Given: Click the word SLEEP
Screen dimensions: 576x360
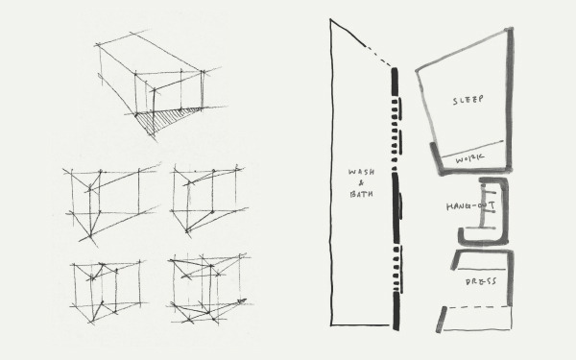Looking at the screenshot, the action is tap(468, 100).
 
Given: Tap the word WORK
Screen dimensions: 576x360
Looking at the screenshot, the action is tap(469, 158).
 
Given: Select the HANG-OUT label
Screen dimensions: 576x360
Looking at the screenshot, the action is tap(470, 206).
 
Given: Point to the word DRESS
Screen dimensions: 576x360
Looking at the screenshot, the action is tap(481, 281).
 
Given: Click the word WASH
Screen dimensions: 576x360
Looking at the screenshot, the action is tap(361, 172).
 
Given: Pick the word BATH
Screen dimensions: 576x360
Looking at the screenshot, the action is tap(361, 194).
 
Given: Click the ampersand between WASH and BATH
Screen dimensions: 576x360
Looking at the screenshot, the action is tap(361, 183).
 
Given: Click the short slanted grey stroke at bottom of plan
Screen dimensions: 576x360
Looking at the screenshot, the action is tap(441, 320).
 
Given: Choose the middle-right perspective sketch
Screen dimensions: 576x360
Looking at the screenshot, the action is tap(208, 201).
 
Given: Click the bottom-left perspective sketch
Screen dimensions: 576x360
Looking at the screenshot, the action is tap(108, 292).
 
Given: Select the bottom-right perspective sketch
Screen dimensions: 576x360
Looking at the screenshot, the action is tap(209, 289).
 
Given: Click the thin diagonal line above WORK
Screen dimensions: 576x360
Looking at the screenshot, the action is tap(471, 149).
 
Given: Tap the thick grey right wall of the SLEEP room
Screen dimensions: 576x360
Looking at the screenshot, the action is tap(510, 99).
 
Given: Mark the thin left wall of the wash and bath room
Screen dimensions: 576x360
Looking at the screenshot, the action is tap(331, 172).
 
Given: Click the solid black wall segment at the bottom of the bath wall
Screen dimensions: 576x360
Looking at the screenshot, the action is tap(396, 311).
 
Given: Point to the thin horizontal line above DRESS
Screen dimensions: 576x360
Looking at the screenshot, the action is tap(482, 269).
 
